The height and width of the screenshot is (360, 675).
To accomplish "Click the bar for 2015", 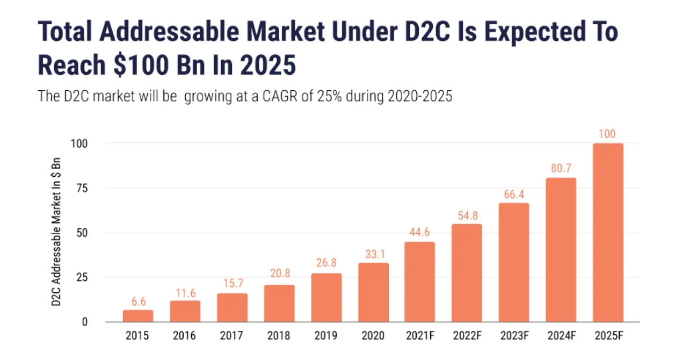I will [138, 316].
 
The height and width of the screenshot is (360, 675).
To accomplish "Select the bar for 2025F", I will [608, 233].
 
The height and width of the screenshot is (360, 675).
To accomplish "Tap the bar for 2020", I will [373, 292].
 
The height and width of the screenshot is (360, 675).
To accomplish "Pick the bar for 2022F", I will [467, 273].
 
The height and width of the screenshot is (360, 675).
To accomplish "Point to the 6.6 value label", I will [138, 301].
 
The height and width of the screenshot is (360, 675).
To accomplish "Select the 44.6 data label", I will [420, 233].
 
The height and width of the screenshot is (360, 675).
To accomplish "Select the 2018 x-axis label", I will [279, 336].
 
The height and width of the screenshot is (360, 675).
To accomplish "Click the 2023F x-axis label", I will [514, 336].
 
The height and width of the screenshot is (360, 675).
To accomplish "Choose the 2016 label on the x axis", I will [185, 336].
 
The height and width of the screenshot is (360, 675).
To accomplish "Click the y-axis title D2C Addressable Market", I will [56, 233].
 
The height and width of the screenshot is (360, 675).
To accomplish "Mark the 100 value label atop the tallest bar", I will [607, 134].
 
